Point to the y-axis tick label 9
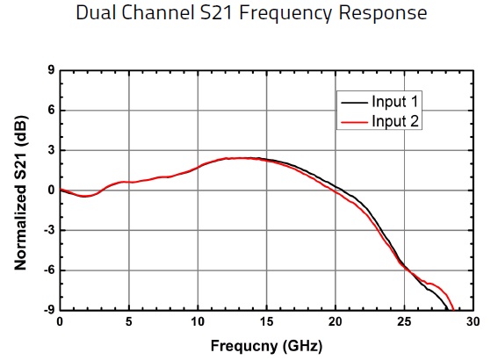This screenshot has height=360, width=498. [51, 70]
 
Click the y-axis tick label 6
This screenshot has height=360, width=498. [51, 111]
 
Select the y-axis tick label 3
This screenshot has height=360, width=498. [51, 150]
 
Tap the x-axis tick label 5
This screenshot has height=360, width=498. [129, 322]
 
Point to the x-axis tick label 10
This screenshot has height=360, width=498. [198, 322]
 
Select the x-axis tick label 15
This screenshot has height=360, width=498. [267, 322]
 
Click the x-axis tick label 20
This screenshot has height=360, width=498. [336, 322]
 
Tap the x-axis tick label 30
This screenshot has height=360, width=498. [473, 322]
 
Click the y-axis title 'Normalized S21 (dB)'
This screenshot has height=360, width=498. [20, 191]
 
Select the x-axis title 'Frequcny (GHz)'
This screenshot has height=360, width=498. [267, 345]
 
